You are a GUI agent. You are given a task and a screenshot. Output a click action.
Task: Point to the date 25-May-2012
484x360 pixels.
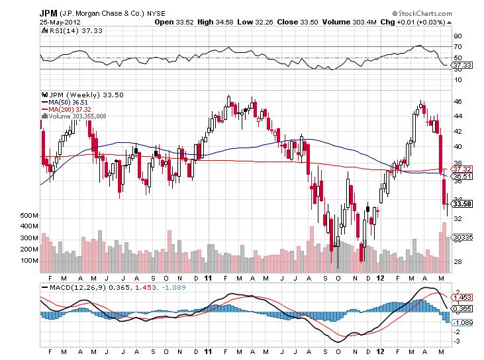tap(58, 21)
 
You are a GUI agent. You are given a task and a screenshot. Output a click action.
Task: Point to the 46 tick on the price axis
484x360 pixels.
tap(458, 101)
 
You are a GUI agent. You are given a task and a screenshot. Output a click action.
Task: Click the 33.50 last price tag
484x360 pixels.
tap(461, 204)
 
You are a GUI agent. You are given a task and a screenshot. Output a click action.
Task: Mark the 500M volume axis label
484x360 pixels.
tap(30, 216)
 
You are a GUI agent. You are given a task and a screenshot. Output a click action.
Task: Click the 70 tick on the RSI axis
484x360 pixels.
tap(457, 47)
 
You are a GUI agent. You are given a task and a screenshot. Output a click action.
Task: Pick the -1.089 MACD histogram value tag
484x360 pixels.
tap(461, 322)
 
